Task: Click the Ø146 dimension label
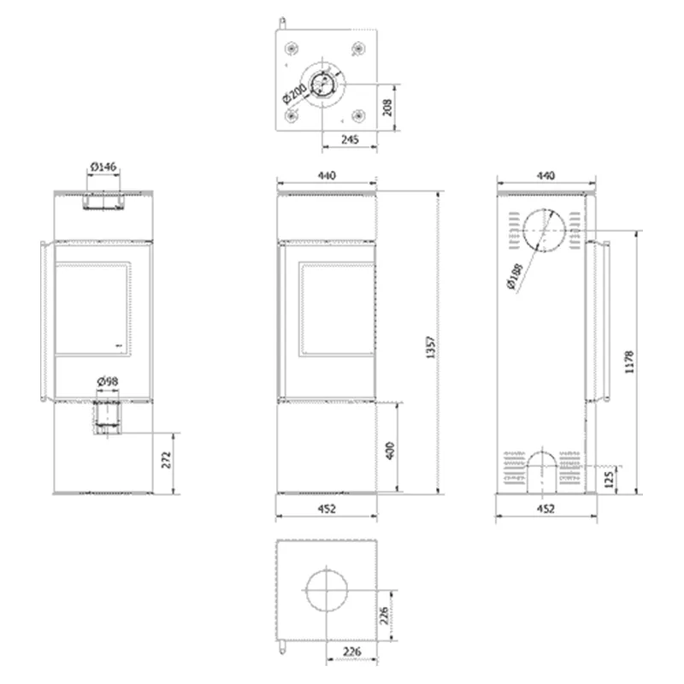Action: click(x=103, y=167)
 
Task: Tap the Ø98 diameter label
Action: click(x=108, y=381)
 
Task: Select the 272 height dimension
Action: click(x=167, y=460)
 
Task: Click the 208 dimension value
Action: click(x=387, y=108)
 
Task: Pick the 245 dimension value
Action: click(x=350, y=139)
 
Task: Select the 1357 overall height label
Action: click(x=431, y=347)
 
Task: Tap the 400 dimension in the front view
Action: click(x=390, y=451)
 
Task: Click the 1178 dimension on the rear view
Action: click(x=629, y=362)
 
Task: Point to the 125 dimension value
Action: click(x=610, y=478)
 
